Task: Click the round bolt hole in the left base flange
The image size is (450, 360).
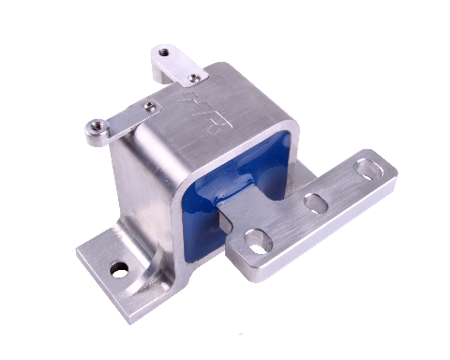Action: point(119,270)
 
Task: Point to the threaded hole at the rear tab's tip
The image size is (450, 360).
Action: point(164,53)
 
